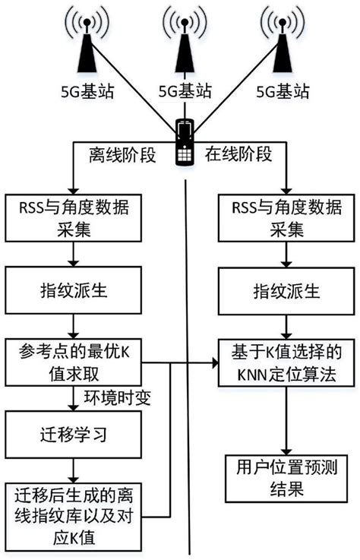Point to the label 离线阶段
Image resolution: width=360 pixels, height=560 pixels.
[x=124, y=156]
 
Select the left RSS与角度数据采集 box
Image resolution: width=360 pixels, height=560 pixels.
[x=84, y=217]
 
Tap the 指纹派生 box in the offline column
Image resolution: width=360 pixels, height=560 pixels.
[x=84, y=291]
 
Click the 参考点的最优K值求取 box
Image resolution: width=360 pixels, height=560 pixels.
[x=84, y=363]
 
